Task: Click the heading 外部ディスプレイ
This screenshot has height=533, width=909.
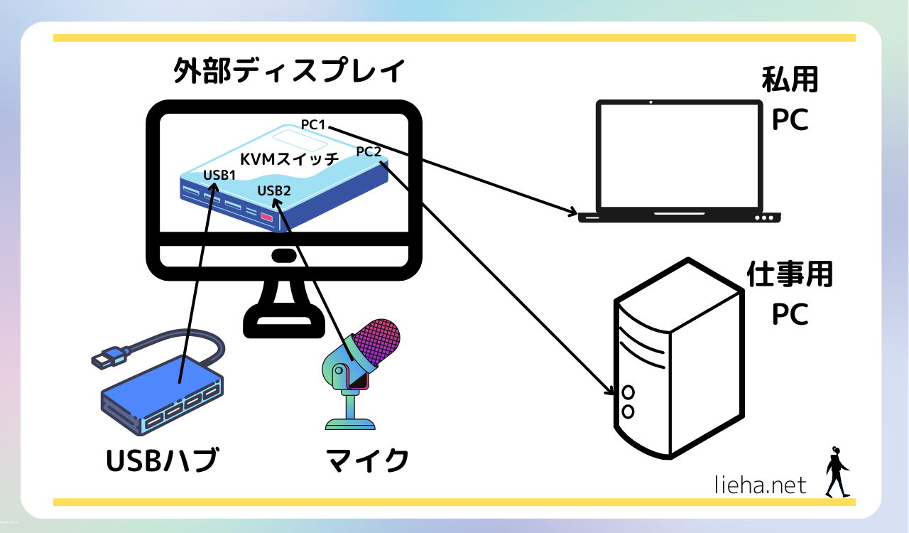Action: (290, 72)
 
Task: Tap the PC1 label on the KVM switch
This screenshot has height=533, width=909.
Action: (313, 125)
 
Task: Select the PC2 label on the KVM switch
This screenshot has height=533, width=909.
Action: (369, 151)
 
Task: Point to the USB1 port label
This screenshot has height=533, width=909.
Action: (219, 175)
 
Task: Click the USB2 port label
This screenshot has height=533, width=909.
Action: (273, 190)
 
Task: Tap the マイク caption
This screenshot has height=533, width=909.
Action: (367, 461)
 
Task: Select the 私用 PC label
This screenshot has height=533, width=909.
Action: (790, 99)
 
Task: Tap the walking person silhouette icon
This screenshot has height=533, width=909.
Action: (837, 472)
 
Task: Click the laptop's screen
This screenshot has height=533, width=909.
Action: (678, 155)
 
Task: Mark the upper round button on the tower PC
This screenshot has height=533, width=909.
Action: (628, 392)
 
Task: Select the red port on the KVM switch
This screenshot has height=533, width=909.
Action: (267, 217)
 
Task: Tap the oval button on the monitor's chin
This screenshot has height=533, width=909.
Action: (283, 256)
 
